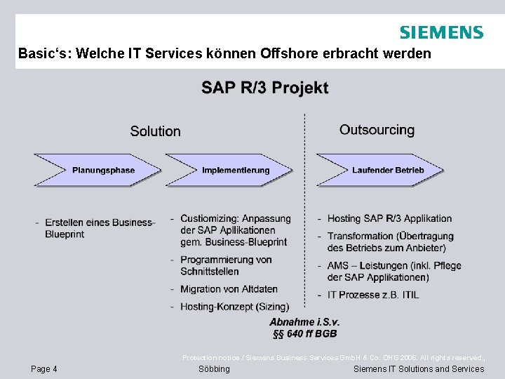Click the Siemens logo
[x=440, y=32]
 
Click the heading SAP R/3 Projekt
[x=264, y=88]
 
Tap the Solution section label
[x=155, y=131]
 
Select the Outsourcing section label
[x=377, y=130]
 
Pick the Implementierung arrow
[x=236, y=170]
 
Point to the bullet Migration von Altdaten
[x=229, y=289]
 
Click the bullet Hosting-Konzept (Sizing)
[x=234, y=307]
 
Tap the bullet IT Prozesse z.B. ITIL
[x=372, y=295]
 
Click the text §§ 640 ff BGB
[x=304, y=333]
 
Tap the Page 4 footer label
[x=44, y=369]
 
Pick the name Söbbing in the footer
[x=214, y=369]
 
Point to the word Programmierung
[x=215, y=260]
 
